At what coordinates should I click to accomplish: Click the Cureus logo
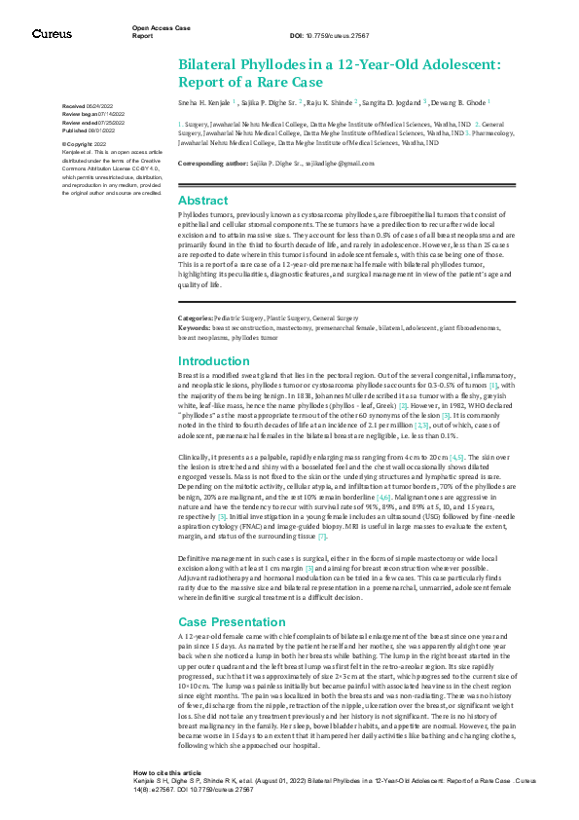52,34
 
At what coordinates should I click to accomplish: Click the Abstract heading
202,199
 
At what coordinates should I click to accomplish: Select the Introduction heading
214,360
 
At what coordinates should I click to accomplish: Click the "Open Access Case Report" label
161,31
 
